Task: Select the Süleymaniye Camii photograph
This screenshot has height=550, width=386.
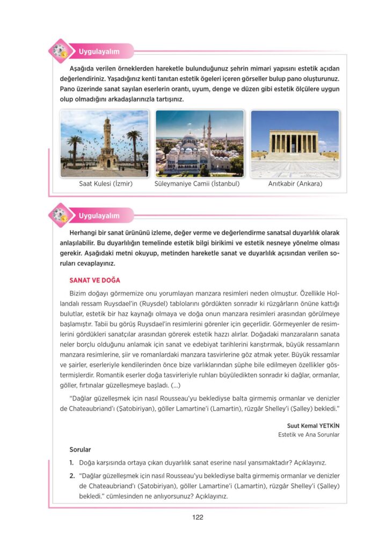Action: (x=199, y=143)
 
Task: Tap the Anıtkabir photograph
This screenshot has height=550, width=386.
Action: (x=295, y=143)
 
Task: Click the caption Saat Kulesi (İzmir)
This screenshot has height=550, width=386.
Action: (x=105, y=184)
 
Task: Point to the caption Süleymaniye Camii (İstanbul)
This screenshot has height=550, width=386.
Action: (x=197, y=184)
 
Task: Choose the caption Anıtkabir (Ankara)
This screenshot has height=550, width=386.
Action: (x=295, y=184)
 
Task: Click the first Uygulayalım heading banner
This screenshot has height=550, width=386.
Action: (x=99, y=52)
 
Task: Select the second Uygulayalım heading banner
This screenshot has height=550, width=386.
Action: (x=99, y=216)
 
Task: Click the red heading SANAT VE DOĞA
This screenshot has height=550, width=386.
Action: (x=94, y=280)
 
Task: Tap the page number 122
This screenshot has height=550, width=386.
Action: (x=197, y=517)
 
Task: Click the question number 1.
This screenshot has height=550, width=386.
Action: (x=71, y=462)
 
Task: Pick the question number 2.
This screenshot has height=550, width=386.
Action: (x=71, y=476)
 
